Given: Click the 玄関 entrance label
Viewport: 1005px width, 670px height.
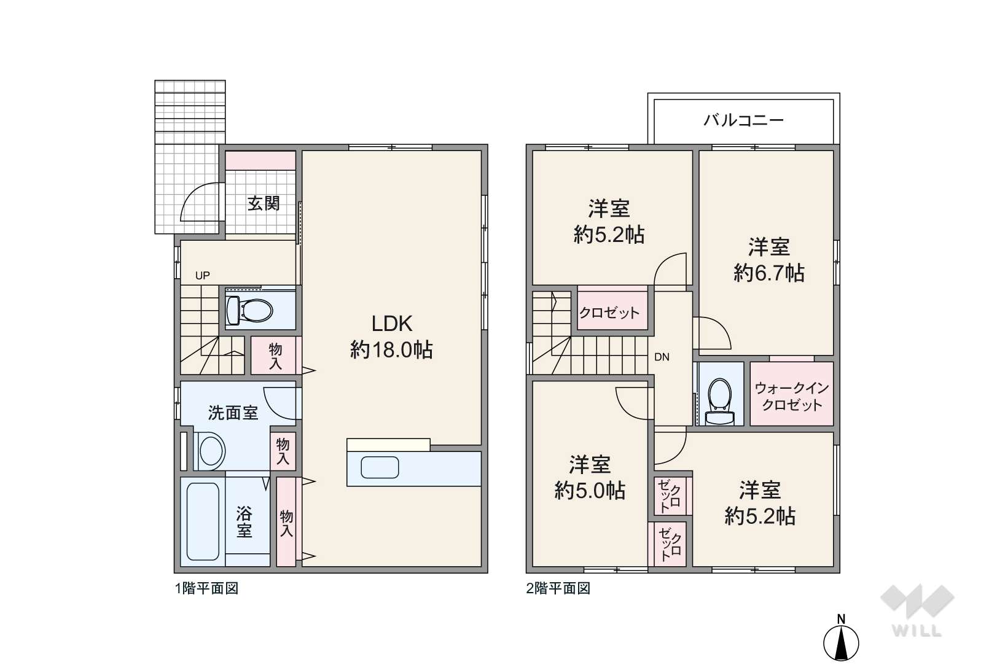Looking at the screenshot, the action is (264, 203).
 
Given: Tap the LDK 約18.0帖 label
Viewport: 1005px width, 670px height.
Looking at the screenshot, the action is (391, 337).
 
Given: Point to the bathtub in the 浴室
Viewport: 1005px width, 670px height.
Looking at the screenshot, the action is (203, 521).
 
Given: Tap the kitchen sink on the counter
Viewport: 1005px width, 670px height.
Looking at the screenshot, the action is (380, 467).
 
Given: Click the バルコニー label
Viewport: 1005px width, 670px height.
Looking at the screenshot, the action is (743, 120).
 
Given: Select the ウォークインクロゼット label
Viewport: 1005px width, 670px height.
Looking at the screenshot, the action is (792, 397).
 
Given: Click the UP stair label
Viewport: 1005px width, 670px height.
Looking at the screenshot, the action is (202, 275).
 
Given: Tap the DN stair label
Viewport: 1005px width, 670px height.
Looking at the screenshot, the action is (662, 357).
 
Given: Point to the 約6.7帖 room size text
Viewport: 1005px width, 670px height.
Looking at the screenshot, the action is (769, 273).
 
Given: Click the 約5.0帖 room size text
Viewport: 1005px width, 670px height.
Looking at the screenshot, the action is (590, 491).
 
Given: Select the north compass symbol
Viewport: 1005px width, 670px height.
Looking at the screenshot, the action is (841, 639).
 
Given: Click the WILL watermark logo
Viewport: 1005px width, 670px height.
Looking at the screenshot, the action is (917, 610).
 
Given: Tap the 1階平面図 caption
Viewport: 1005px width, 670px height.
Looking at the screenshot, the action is (206, 588).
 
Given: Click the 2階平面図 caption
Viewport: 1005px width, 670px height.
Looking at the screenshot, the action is (558, 588).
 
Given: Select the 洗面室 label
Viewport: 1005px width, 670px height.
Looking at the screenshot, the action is (233, 413).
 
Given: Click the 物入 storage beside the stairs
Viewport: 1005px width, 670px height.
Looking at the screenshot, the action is (275, 356).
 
